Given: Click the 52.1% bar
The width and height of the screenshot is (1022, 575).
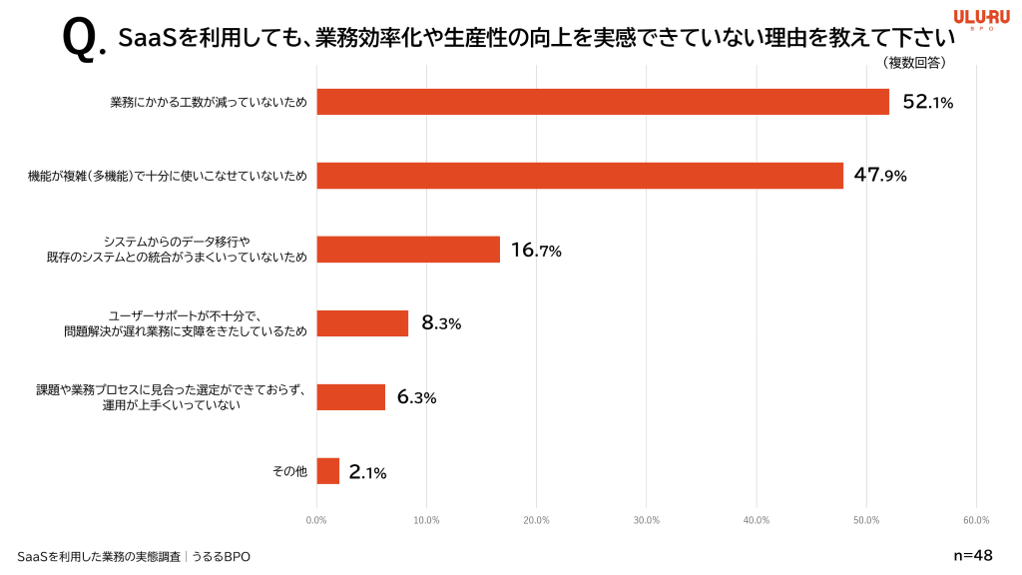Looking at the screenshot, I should (603, 102).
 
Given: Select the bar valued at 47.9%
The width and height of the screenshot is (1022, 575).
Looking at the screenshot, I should (580, 176).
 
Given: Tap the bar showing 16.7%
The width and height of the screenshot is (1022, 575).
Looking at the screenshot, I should (408, 250).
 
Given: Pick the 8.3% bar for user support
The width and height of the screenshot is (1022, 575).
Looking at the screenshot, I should (362, 323).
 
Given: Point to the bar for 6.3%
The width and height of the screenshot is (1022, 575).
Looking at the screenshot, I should (351, 397).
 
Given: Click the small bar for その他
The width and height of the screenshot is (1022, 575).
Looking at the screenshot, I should (328, 471).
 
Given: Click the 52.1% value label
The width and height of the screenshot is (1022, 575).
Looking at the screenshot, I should (927, 102).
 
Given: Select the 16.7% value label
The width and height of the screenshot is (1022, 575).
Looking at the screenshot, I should (536, 251).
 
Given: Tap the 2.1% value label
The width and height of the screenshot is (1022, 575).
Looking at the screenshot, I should (367, 473).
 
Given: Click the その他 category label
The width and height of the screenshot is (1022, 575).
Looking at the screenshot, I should (289, 471).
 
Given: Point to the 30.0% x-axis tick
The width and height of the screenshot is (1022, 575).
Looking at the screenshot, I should (647, 520).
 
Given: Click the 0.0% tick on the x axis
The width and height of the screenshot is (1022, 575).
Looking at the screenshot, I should (316, 520).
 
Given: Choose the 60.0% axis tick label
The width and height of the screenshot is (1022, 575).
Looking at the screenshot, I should (976, 520).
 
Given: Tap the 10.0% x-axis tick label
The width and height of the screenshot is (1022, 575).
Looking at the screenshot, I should (426, 520).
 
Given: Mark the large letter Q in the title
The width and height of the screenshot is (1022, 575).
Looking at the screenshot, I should (80, 38).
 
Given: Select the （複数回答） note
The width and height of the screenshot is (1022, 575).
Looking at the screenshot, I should (914, 63).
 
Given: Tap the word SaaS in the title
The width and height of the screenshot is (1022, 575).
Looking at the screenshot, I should (147, 38).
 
